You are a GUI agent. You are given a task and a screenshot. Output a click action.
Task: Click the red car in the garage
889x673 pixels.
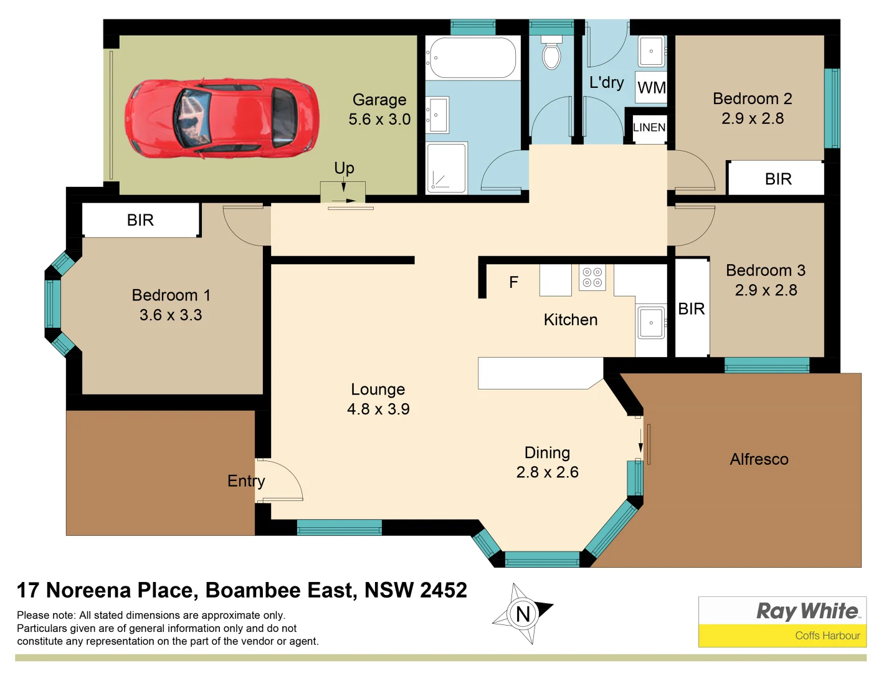tap(222, 118)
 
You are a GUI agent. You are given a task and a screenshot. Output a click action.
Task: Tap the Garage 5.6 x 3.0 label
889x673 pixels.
tap(379, 110)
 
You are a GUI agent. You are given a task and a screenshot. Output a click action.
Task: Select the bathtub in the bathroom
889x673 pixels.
tap(472, 58)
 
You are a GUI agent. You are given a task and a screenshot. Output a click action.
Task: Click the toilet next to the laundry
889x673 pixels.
tap(551, 54)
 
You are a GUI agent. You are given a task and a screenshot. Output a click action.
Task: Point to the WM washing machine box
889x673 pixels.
tap(652, 88)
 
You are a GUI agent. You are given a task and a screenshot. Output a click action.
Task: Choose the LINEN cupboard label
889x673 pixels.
tap(649, 128)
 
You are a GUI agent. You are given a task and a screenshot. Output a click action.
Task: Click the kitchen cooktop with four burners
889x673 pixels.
tap(592, 278)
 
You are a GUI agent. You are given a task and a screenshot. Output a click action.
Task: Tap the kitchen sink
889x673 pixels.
tap(651, 323)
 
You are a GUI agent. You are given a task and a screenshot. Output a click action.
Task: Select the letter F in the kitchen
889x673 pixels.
tap(513, 283)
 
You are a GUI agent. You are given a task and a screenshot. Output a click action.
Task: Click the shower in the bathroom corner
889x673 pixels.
tap(446, 168)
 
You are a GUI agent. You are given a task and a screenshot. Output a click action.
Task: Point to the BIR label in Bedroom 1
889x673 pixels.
tap(140, 221)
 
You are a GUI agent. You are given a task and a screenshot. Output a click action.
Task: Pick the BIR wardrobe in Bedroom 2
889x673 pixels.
tap(777, 179)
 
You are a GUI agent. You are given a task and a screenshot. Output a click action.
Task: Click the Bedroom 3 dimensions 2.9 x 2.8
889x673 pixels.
tap(766, 290)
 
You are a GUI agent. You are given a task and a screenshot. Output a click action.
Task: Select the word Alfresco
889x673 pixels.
tap(759, 460)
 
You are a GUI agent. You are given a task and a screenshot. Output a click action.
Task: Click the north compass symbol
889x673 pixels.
tap(522, 614)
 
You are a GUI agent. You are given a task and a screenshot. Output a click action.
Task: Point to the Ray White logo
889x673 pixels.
tap(807, 611)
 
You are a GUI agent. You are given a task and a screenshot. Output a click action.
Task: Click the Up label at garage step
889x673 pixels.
tap(344, 168)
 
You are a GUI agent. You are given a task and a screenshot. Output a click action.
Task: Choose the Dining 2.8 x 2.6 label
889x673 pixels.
tap(547, 462)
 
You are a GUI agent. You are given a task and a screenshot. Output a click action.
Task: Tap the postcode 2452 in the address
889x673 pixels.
tap(443, 590)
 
